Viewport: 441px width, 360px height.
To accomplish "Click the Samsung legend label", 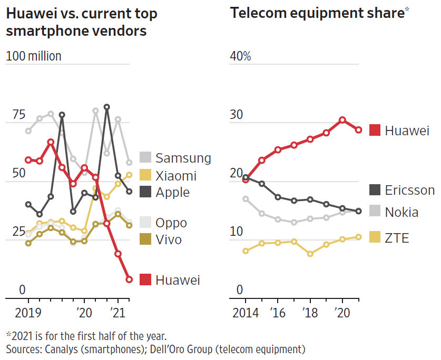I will [x=183, y=158].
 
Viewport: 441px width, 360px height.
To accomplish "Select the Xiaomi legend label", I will [x=176, y=175].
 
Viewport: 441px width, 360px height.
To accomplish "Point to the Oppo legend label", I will [x=171, y=223].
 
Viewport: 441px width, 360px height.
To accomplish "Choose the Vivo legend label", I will [x=169, y=239].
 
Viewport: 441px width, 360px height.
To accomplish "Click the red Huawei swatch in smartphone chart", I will [x=145, y=280].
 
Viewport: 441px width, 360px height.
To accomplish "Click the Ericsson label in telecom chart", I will [x=409, y=190].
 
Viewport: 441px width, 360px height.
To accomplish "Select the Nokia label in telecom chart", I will [x=401, y=212].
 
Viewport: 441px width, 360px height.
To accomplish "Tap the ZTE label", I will [x=397, y=238].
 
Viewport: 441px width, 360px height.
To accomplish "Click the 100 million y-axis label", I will [x=34, y=56].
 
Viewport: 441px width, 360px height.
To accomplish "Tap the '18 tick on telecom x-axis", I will [x=310, y=313].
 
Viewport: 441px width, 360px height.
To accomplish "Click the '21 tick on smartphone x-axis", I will [x=119, y=313].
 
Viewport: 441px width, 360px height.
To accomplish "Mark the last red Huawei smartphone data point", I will [x=129, y=279].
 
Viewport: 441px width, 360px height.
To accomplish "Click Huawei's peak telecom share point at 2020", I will [x=342, y=120].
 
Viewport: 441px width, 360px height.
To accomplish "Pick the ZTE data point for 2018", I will [x=310, y=254].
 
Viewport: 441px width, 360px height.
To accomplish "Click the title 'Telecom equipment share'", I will [x=317, y=13].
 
